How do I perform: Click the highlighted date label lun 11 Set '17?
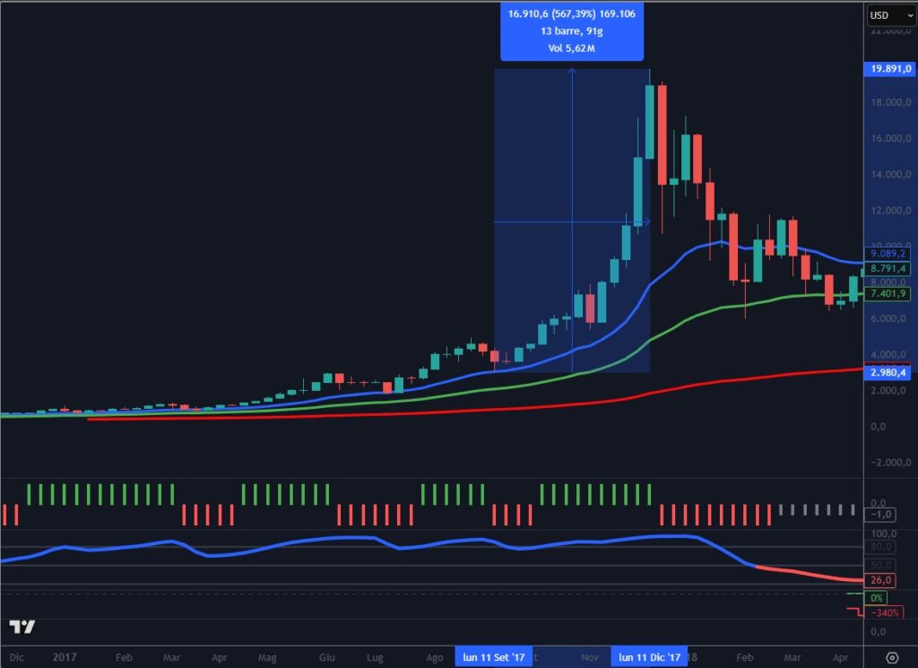click(494, 657)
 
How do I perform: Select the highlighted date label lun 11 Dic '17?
click(651, 657)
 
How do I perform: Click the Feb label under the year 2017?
click(125, 657)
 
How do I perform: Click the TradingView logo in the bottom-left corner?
click(22, 627)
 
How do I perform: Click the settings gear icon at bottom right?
click(892, 657)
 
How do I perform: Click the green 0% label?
click(878, 597)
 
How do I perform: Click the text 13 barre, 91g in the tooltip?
click(572, 31)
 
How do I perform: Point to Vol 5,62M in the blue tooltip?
click(572, 48)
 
